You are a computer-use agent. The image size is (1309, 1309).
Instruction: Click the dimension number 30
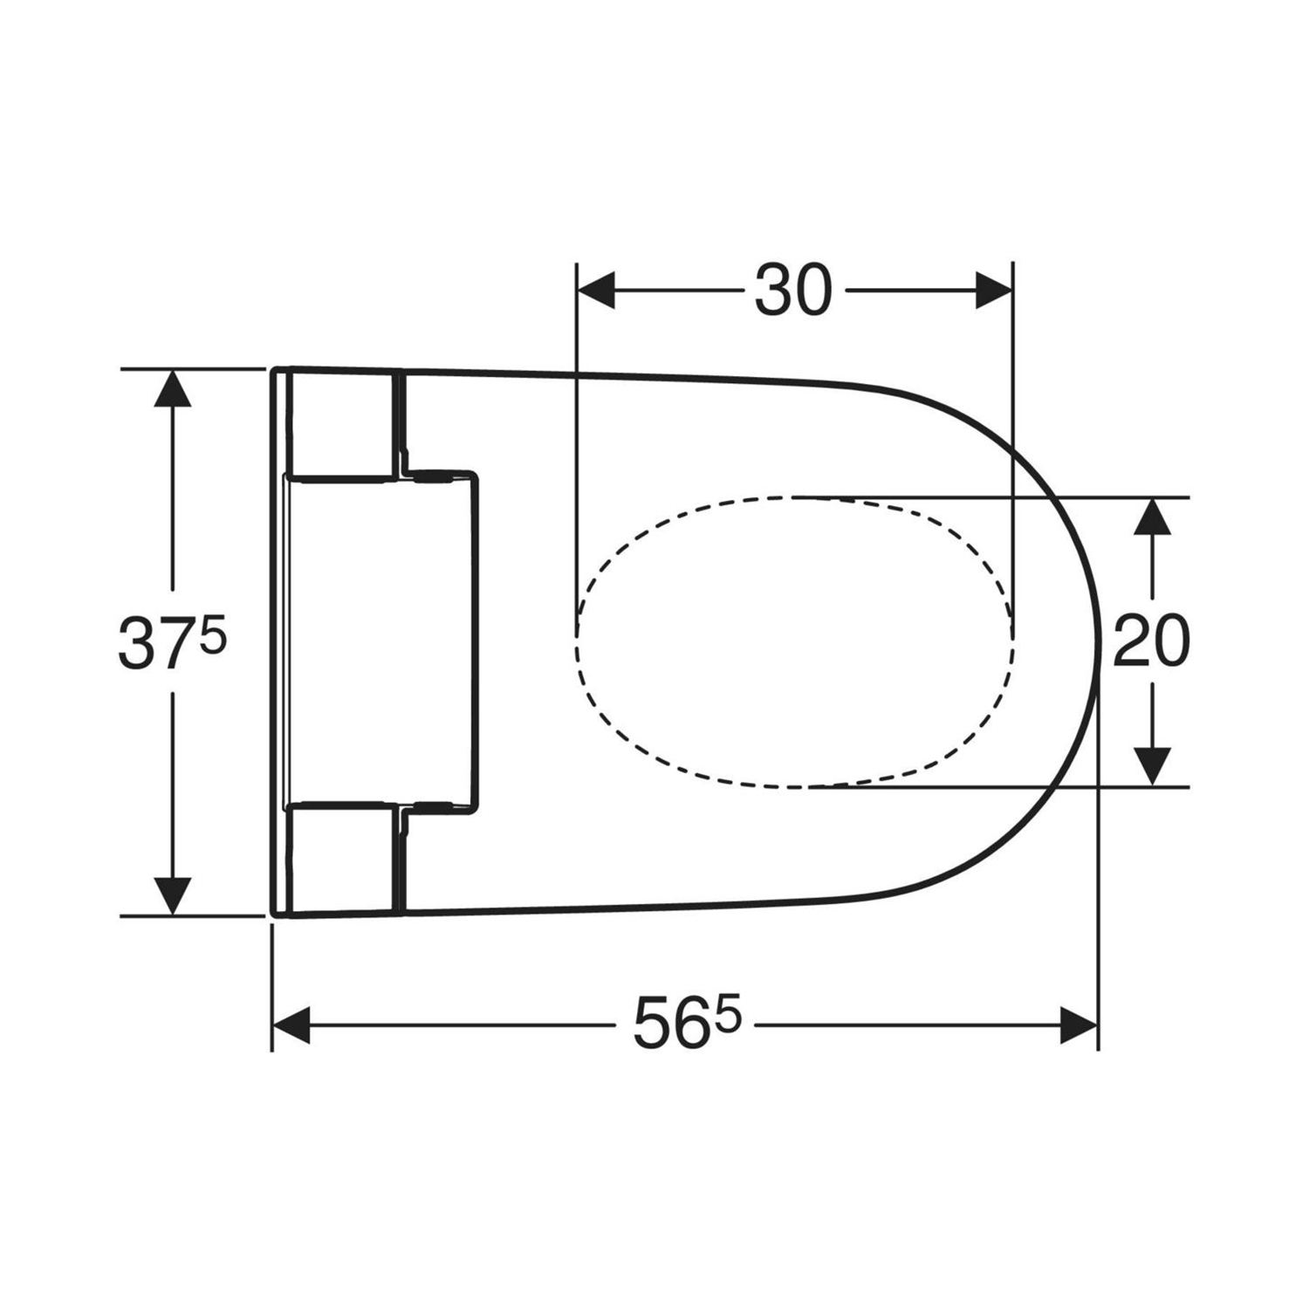[x=793, y=291]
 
